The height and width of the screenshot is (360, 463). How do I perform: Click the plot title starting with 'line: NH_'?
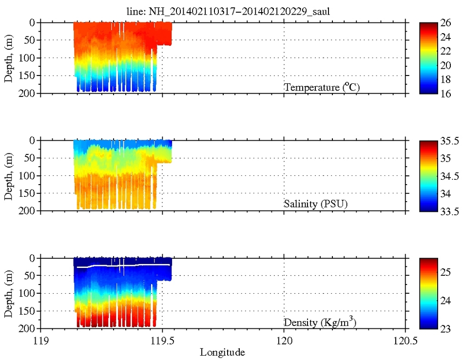point(231,12)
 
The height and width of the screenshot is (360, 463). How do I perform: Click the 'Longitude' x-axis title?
point(223,352)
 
